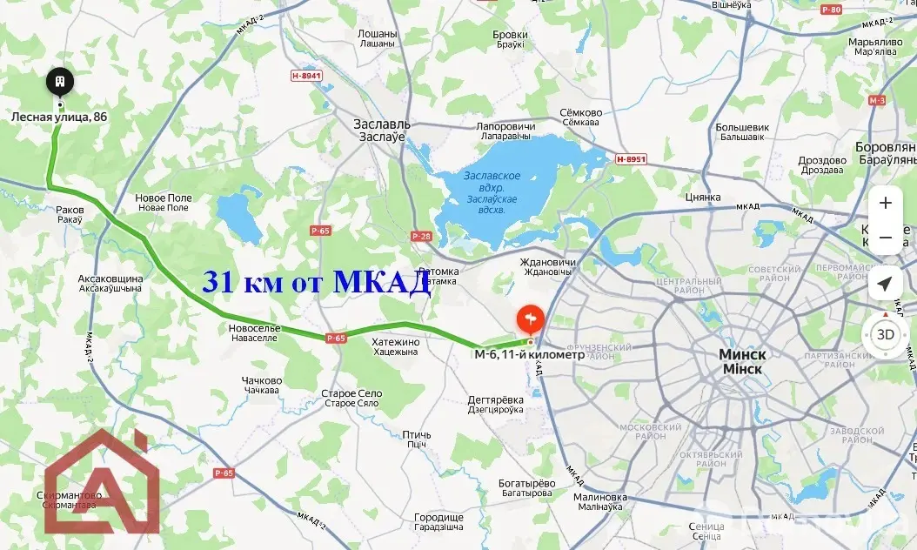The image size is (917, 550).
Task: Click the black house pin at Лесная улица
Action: pyautogui.click(x=60, y=82)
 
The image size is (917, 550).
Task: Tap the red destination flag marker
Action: pyautogui.click(x=530, y=319)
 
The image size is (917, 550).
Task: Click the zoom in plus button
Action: pyautogui.click(x=886, y=203)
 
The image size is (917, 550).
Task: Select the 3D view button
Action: pyautogui.click(x=886, y=334)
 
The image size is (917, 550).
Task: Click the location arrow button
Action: pyautogui.click(x=886, y=284)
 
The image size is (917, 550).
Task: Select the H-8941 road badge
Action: pyautogui.click(x=306, y=76)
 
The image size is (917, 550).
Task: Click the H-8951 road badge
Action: pyautogui.click(x=631, y=159)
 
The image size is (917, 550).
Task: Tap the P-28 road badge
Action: pyautogui.click(x=421, y=236)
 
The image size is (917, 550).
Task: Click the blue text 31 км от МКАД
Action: pyautogui.click(x=317, y=282)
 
